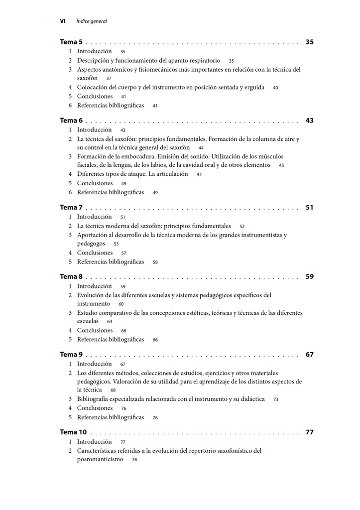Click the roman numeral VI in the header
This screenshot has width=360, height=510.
click(63, 21)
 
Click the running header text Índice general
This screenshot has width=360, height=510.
click(92, 21)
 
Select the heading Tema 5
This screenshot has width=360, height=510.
click(71, 42)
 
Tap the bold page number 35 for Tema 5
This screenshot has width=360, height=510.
click(310, 42)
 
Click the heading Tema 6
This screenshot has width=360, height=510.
click(71, 121)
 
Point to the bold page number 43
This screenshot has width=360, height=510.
click(310, 121)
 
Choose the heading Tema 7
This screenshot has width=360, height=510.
click(71, 207)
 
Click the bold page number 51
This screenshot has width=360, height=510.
click(310, 207)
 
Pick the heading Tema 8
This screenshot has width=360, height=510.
click(71, 276)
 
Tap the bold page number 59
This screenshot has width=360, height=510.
click(310, 276)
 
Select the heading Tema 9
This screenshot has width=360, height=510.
click(71, 355)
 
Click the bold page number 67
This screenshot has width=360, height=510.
click(310, 355)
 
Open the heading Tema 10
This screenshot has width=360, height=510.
click(73, 432)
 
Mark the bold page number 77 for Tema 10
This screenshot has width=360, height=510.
click(310, 432)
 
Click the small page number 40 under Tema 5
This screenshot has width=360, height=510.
click(275, 88)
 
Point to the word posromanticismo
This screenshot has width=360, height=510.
click(100, 459)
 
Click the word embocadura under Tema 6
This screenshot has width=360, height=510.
click(133, 156)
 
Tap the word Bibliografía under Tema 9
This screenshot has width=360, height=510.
click(95, 399)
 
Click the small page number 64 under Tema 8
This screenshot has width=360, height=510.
click(110, 322)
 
